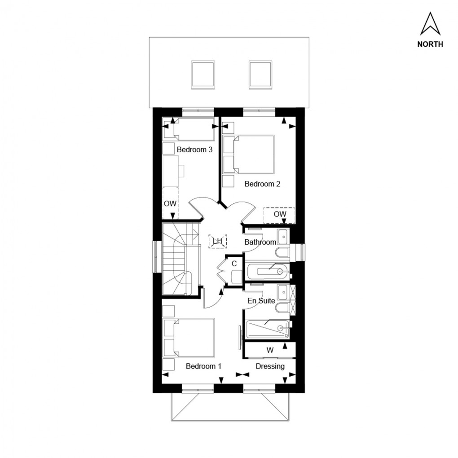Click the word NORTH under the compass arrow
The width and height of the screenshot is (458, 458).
pos(430,44)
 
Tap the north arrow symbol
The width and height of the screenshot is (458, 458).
pos(430,24)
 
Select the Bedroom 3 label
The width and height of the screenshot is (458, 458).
pos(194,150)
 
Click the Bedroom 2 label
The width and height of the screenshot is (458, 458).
pos(262,184)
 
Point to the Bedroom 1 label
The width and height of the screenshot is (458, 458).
pos(203,366)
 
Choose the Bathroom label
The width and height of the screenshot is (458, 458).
pos(260,242)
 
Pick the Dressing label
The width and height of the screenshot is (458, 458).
pos(270,366)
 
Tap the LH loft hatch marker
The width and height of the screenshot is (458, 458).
pos(218,241)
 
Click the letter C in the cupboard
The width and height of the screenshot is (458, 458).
pos(234,264)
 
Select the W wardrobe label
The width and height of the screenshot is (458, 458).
pos(270,350)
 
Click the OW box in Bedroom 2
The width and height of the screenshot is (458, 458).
pos(279,215)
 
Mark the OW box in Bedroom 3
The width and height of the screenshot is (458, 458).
pos(170,203)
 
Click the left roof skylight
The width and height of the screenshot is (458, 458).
pos(203,74)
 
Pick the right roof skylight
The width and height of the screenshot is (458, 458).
pos(260,74)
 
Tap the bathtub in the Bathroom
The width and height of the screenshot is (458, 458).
pos(268,271)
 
